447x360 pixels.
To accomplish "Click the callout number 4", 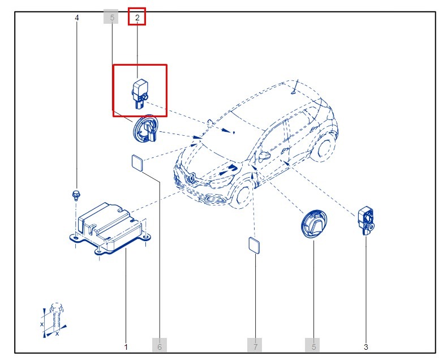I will pyautogui.click(x=77, y=18).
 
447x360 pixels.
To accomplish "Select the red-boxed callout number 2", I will pyautogui.click(x=137, y=17).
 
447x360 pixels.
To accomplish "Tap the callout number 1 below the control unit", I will pyautogui.click(x=126, y=346).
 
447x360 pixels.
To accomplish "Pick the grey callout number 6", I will pyautogui.click(x=160, y=346).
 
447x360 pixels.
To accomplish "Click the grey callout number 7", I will pyautogui.click(x=255, y=346).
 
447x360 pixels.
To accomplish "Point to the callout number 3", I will pyautogui.click(x=366, y=346).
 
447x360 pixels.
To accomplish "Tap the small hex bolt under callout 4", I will pyautogui.click(x=76, y=195).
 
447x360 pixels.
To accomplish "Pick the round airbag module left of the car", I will pyautogui.click(x=147, y=130).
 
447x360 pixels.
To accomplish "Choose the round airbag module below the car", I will pyautogui.click(x=314, y=224).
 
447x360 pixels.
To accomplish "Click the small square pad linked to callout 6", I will pyautogui.click(x=137, y=163).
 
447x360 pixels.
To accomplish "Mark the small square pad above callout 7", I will pyautogui.click(x=255, y=246).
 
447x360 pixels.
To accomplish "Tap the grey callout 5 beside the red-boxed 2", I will pyautogui.click(x=111, y=17).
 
